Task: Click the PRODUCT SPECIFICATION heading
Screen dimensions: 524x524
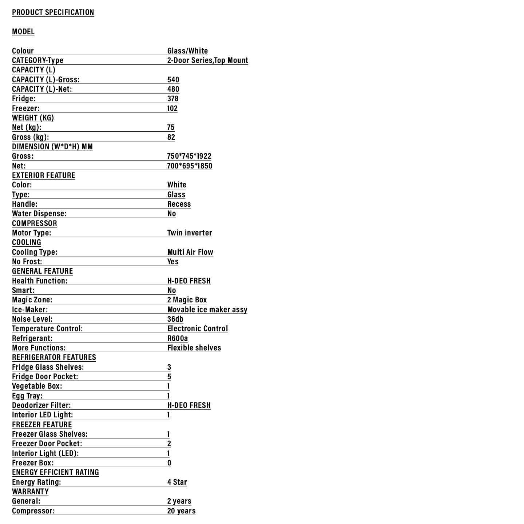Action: [x=53, y=12]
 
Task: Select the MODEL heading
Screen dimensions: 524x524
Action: [x=23, y=32]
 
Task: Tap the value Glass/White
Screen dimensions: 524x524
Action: [x=187, y=51]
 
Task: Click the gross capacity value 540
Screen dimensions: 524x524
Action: [x=173, y=80]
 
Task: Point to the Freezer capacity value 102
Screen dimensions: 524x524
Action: [x=172, y=108]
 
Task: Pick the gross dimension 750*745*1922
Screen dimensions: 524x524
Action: [x=189, y=156]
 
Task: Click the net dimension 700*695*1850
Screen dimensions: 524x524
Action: [x=190, y=166]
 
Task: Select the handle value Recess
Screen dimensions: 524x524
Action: [x=179, y=204]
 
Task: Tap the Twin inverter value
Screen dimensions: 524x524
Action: [x=190, y=233]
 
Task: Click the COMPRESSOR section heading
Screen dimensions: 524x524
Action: [x=35, y=223]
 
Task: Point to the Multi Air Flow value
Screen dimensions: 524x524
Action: [x=190, y=252]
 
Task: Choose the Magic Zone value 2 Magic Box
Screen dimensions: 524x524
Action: [x=187, y=300]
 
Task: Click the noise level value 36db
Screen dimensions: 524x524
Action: [x=175, y=319]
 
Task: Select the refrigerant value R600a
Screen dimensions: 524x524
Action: [x=178, y=338]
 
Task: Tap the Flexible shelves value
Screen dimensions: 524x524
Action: [x=194, y=348]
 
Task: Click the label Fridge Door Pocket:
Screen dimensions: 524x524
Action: [x=45, y=377]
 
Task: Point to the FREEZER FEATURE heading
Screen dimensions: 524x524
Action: [x=42, y=425]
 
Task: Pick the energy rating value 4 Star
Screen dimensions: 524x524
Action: [x=177, y=482]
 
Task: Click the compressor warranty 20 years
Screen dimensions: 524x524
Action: [x=181, y=511]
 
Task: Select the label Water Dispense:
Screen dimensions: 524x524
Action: [x=39, y=214]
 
